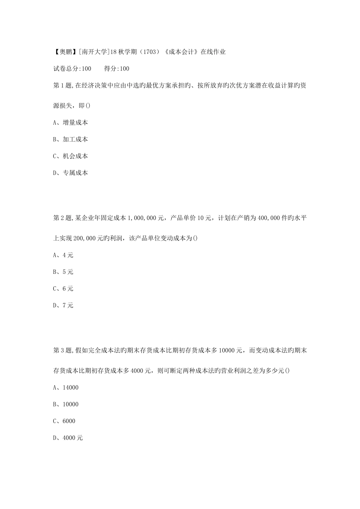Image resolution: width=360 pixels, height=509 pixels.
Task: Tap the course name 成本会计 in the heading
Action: coord(182,52)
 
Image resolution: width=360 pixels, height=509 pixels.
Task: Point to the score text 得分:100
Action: coord(116,69)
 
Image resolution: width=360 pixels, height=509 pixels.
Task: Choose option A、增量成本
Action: coord(70,123)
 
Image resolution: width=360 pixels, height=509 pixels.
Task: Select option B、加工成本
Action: coord(70,139)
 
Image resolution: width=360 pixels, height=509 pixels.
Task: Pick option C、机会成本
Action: coord(70,156)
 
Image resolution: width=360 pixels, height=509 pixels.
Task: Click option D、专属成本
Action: coord(70,173)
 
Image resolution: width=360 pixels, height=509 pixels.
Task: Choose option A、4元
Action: coord(63,255)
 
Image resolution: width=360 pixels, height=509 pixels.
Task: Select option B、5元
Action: coord(63,272)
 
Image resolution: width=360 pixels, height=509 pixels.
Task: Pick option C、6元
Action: coord(63,289)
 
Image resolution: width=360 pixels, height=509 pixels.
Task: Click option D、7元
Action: coord(63,305)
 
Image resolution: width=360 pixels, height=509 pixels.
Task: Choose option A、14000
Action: coord(66,387)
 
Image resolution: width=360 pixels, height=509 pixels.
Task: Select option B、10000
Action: coord(66,404)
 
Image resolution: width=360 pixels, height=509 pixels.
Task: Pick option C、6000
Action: coord(64,421)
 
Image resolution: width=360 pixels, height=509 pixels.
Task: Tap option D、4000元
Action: coord(68,438)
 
